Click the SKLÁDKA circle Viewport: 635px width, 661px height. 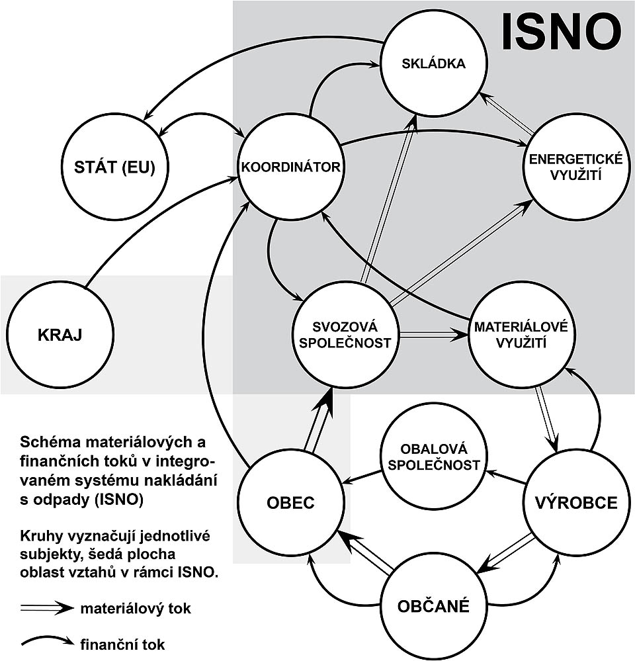tap(433, 64)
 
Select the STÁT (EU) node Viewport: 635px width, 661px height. tap(116, 167)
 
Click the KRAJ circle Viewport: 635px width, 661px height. tap(59, 334)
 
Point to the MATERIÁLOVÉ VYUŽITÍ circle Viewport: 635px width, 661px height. tap(521, 335)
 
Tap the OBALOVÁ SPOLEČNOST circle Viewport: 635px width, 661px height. tap(433, 456)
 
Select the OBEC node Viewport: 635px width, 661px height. tap(290, 503)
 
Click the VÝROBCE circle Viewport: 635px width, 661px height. tap(575, 503)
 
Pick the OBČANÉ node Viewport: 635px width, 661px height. tap(433, 605)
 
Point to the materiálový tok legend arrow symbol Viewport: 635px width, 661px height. tap(46, 607)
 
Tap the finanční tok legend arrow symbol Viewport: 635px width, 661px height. tap(46, 640)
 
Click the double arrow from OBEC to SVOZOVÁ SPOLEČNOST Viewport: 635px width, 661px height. tap(319, 423)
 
